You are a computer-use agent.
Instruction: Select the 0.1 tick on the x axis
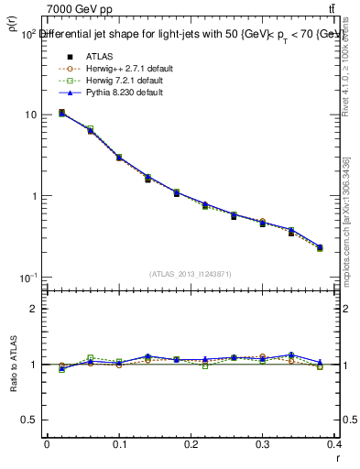coord(119,444)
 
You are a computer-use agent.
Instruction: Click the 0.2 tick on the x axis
coord(192,444)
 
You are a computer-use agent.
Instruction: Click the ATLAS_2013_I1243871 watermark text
coord(191,275)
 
